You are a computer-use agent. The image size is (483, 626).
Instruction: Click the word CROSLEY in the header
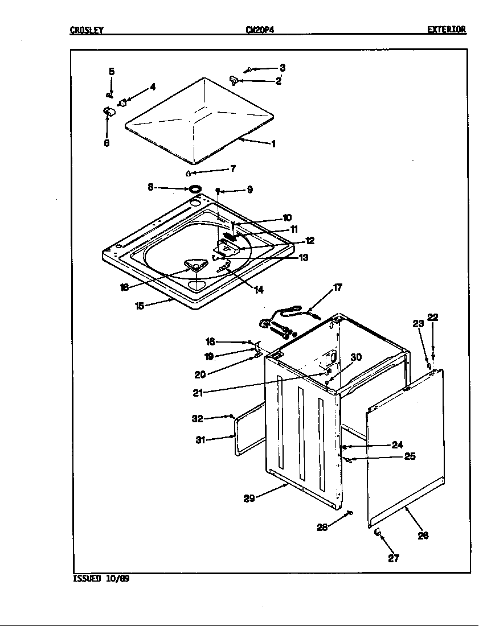point(87,30)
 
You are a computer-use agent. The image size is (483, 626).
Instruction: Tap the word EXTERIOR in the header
point(447,30)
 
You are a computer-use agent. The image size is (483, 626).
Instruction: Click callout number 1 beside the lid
point(273,144)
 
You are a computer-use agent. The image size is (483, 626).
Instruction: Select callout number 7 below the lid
point(232,169)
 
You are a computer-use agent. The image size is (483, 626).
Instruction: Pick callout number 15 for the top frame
point(139,306)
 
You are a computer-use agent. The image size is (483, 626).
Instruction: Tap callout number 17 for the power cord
point(337,288)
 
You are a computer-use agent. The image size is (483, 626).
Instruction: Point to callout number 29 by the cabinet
point(249,499)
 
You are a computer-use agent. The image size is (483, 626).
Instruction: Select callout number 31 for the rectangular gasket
point(200,439)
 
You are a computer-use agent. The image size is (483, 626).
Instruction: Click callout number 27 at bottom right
point(394,558)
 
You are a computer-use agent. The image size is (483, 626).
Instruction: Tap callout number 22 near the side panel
point(433,318)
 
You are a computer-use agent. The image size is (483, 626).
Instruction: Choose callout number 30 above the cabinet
point(356,357)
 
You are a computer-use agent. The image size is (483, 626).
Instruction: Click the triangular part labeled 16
point(194,266)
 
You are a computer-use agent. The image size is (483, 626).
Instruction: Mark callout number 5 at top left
point(112,72)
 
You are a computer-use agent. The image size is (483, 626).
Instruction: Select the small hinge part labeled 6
point(108,112)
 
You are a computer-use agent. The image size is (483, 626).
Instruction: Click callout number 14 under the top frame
point(259,290)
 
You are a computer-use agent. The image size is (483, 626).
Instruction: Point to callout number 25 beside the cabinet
point(410,456)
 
